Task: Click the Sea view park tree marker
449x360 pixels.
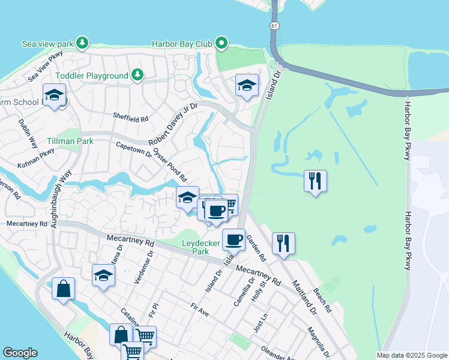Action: click(82, 43)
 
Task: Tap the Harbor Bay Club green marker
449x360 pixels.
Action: click(221, 43)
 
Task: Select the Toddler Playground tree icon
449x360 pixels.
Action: click(138, 75)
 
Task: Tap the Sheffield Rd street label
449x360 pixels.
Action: click(130, 119)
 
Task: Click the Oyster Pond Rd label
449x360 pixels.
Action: click(170, 166)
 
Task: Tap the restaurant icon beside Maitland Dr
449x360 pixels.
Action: click(283, 242)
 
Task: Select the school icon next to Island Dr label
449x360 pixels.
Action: click(247, 85)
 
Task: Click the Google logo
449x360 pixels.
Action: click(20, 353)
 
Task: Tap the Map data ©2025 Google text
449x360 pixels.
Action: click(411, 355)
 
